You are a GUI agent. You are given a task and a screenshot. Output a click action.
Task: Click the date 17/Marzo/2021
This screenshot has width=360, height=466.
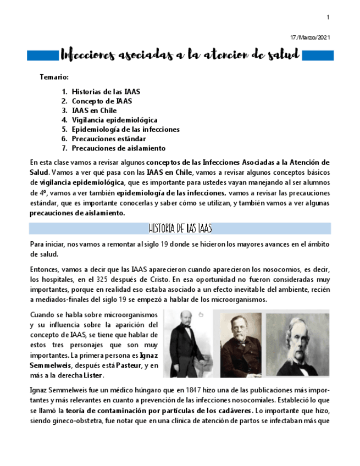310,37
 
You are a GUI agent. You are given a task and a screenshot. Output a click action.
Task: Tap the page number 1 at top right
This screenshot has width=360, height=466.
328,18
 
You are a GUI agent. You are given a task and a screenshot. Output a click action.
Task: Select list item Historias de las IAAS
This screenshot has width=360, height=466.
106,91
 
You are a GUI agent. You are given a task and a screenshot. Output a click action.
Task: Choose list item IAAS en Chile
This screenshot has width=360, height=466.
94,110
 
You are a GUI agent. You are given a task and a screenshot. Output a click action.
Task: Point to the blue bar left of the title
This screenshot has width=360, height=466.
43,54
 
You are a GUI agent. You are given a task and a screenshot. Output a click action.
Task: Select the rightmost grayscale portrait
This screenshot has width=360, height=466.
297,345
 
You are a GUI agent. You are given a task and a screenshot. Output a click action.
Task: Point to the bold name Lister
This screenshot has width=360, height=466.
92,375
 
